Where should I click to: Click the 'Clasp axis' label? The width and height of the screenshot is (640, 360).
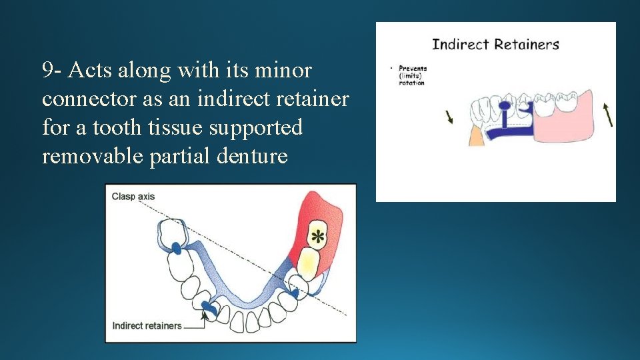point(133,197)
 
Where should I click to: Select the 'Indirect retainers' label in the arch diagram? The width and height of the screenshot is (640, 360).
point(147,326)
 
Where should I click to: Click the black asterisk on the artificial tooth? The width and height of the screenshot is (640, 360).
point(318,236)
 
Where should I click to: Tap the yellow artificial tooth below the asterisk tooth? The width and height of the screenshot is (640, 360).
point(307,263)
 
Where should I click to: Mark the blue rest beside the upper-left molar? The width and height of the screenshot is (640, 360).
point(177,248)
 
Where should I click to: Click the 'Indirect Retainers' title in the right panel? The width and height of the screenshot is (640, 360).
point(495,45)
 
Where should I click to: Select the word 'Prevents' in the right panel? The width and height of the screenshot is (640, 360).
point(413,68)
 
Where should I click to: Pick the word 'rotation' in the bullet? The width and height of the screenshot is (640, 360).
point(411,83)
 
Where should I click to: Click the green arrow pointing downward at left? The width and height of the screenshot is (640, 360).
point(449,117)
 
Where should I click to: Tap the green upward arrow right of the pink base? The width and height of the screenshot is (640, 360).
point(608,114)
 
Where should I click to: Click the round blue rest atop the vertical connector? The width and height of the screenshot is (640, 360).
point(505,105)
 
